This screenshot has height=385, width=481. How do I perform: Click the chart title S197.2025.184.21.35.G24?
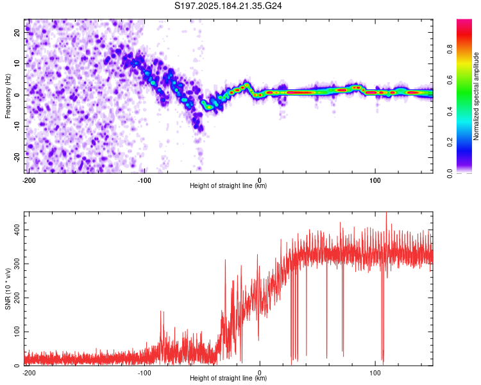pos(228,6)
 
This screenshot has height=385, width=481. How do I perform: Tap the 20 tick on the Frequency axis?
pos(17,32)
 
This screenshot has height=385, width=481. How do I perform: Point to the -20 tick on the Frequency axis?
pos(17,157)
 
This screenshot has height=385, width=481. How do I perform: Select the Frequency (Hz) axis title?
pos(8,96)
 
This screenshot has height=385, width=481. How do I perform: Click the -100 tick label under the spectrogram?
pos(144,180)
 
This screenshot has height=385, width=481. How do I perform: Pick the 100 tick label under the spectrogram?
pos(375,180)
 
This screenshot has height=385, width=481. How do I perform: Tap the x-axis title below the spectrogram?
pos(228,185)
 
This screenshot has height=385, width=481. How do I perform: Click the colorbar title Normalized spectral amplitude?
pos(476,96)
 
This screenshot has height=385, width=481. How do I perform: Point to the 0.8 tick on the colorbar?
pos(450,49)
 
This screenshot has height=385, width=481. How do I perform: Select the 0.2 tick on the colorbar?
pos(450,142)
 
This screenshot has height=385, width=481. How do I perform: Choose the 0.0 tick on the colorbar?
pos(450,173)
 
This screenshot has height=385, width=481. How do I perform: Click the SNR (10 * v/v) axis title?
pos(8,289)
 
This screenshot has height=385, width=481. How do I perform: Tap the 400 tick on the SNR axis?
pos(17,230)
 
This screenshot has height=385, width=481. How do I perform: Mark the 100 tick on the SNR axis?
pos(17,332)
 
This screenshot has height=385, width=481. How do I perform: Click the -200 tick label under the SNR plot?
pos(29,372)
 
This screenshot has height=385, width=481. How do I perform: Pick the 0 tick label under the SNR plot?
pos(260,372)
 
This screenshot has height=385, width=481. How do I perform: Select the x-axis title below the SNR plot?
pos(228,378)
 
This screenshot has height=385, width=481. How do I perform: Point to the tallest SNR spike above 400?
pos(386,213)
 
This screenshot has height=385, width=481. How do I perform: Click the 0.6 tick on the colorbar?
pos(450,80)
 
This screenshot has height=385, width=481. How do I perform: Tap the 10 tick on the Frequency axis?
pos(17,64)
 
